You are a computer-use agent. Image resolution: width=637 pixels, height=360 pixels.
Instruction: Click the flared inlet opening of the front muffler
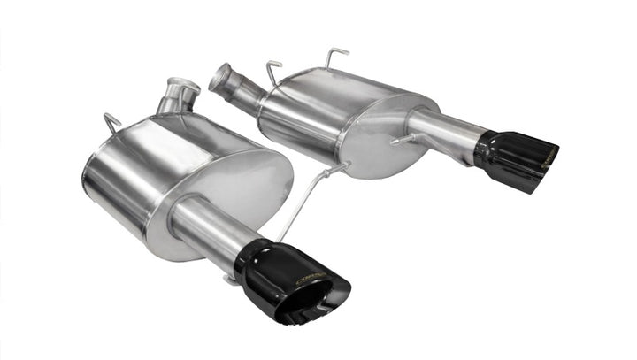point(185,87)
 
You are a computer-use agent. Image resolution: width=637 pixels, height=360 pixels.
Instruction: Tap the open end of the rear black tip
point(544,164)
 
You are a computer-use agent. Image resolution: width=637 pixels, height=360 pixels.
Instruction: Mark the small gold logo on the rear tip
point(549,155)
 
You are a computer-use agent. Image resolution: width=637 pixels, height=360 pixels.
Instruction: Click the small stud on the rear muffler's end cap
point(403,140)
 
